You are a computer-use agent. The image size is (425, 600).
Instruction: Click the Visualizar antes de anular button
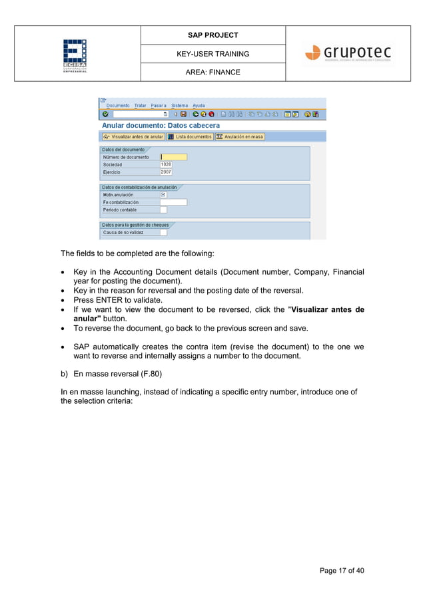[133, 136]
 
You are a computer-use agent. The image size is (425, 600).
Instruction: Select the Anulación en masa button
[240, 136]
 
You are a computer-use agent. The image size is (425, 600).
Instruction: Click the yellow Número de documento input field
[173, 157]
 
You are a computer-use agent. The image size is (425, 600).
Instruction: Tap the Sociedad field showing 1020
[166, 164]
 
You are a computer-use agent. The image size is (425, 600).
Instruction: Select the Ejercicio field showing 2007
[166, 172]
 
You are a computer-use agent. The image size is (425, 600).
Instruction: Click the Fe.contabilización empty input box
[173, 202]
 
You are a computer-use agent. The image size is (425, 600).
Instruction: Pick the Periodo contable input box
[163, 210]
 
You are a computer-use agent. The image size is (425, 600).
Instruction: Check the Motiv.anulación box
[163, 195]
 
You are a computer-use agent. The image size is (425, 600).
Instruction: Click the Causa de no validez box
[163, 233]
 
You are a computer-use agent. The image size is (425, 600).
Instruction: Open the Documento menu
[118, 105]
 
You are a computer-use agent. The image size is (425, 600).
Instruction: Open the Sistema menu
[179, 105]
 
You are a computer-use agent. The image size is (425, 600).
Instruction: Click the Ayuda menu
[199, 105]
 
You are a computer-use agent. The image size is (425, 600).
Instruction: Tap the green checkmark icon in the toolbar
[105, 114]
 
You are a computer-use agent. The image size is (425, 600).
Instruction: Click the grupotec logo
[348, 53]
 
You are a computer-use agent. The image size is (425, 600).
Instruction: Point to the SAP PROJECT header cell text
[212, 35]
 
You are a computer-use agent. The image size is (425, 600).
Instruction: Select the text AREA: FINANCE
[212, 72]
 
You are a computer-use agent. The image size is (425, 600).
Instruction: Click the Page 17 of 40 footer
[342, 571]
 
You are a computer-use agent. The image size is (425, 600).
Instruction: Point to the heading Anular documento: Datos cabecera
[161, 125]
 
